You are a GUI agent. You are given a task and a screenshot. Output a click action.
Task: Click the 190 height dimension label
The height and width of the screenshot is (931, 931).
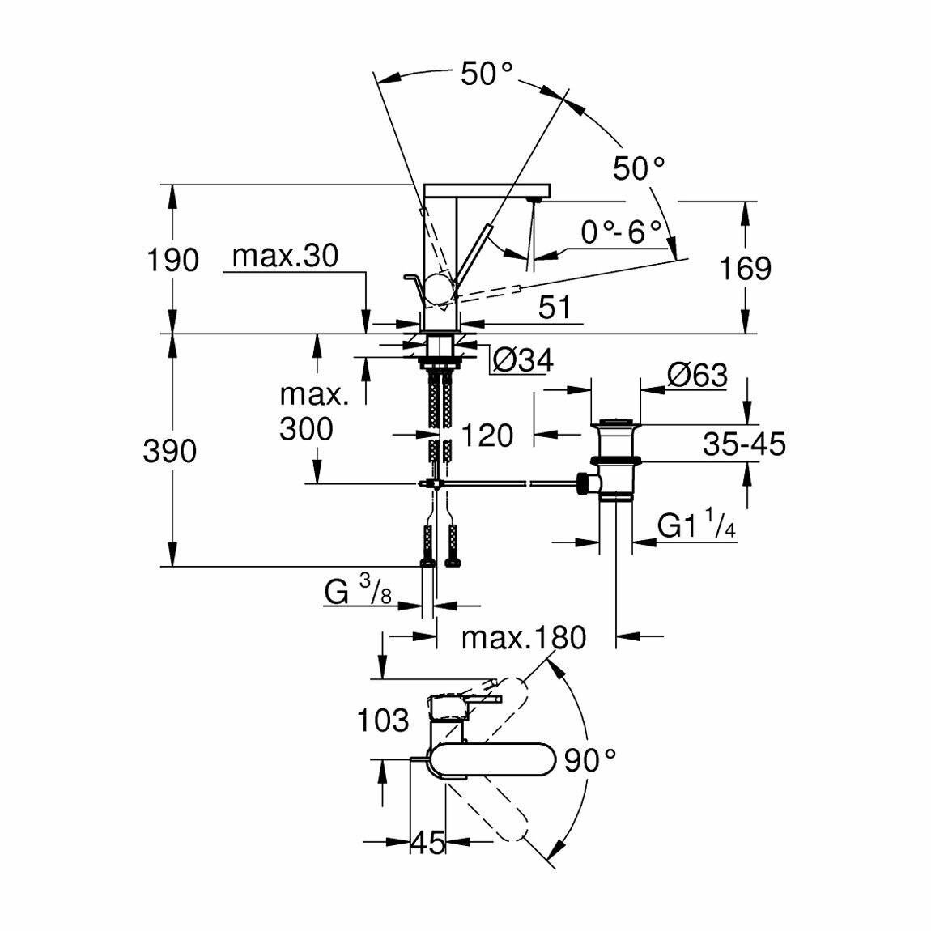(172, 261)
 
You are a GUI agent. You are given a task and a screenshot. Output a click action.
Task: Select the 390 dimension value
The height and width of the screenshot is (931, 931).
(170, 451)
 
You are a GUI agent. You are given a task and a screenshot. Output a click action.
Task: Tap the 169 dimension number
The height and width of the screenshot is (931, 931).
(745, 268)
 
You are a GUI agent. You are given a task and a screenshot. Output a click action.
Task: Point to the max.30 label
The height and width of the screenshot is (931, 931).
(285, 257)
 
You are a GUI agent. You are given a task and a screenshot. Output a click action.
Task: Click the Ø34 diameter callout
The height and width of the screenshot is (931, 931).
(523, 360)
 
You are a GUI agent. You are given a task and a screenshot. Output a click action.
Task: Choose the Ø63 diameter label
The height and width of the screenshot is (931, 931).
(697, 376)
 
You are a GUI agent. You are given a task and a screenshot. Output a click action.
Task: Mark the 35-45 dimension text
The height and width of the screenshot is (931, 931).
(744, 444)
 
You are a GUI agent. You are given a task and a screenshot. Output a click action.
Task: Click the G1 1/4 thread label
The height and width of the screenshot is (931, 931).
(695, 526)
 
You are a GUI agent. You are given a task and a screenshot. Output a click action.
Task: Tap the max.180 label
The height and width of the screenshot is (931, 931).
(523, 638)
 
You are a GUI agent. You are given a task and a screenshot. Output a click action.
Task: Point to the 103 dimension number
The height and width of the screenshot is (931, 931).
(383, 719)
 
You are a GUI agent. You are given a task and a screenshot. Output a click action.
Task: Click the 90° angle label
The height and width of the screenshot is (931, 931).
(590, 761)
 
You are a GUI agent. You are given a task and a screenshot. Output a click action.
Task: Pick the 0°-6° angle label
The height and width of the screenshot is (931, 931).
(615, 234)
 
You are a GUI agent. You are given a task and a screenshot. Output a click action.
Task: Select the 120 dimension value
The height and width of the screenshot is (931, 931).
(487, 436)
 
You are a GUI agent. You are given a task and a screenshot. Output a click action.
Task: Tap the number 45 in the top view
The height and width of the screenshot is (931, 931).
(427, 843)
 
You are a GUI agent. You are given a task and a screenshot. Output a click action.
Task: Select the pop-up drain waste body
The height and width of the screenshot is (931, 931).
(617, 461)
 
